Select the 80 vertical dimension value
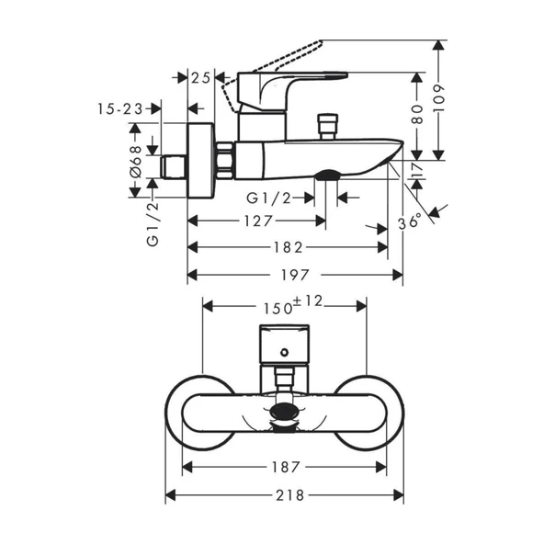point(418,114)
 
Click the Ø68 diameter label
point(135,160)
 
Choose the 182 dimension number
point(288,248)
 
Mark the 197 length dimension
point(295,275)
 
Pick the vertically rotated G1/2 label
point(153,223)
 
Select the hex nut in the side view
point(224,161)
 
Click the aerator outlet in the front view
point(285,414)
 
